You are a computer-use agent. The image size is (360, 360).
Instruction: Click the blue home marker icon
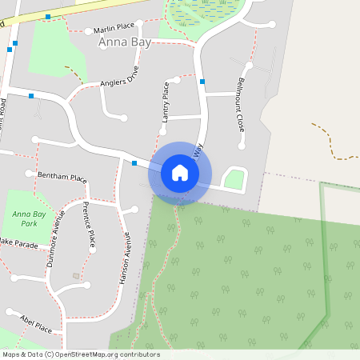tap(180, 173)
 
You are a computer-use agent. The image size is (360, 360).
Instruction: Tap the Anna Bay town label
tap(125, 42)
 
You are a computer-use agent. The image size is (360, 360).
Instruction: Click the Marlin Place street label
tap(114, 28)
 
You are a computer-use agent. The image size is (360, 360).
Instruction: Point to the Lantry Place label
tap(166, 102)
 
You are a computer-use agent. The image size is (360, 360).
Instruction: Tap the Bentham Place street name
tap(62, 177)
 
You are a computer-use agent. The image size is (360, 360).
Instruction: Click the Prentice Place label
tap(88, 226)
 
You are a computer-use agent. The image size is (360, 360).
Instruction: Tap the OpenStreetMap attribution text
tap(80, 354)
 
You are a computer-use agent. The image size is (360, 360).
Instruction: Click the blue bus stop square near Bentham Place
tap(134, 163)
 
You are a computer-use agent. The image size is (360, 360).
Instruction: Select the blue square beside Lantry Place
tap(202, 82)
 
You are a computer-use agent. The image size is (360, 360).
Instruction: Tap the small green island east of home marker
tap(234, 180)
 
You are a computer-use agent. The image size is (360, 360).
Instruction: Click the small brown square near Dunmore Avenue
tap(76, 276)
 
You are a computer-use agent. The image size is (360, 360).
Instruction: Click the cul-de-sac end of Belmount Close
tap(242, 146)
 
